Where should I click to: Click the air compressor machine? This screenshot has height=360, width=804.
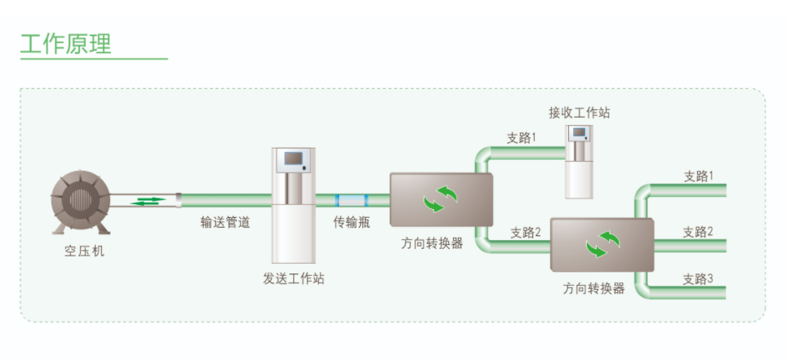coord(80,203)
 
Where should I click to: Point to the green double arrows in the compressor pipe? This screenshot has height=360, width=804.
coord(146,200)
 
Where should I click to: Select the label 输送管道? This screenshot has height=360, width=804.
coord(225,222)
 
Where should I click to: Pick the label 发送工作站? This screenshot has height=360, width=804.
coord(293,278)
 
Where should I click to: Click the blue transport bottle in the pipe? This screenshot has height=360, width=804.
coord(352,200)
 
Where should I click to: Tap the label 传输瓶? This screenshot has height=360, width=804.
coord(352,222)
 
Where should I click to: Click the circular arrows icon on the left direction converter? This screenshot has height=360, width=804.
coord(441,198)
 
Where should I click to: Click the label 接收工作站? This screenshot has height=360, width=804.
coord(579,113)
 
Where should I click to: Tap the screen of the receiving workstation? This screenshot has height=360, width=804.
coord(580,133)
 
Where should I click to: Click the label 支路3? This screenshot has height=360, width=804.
coord(698,279)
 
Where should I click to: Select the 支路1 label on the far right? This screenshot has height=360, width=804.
coord(698,176)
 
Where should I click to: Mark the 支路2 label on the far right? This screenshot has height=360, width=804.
coord(698,232)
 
